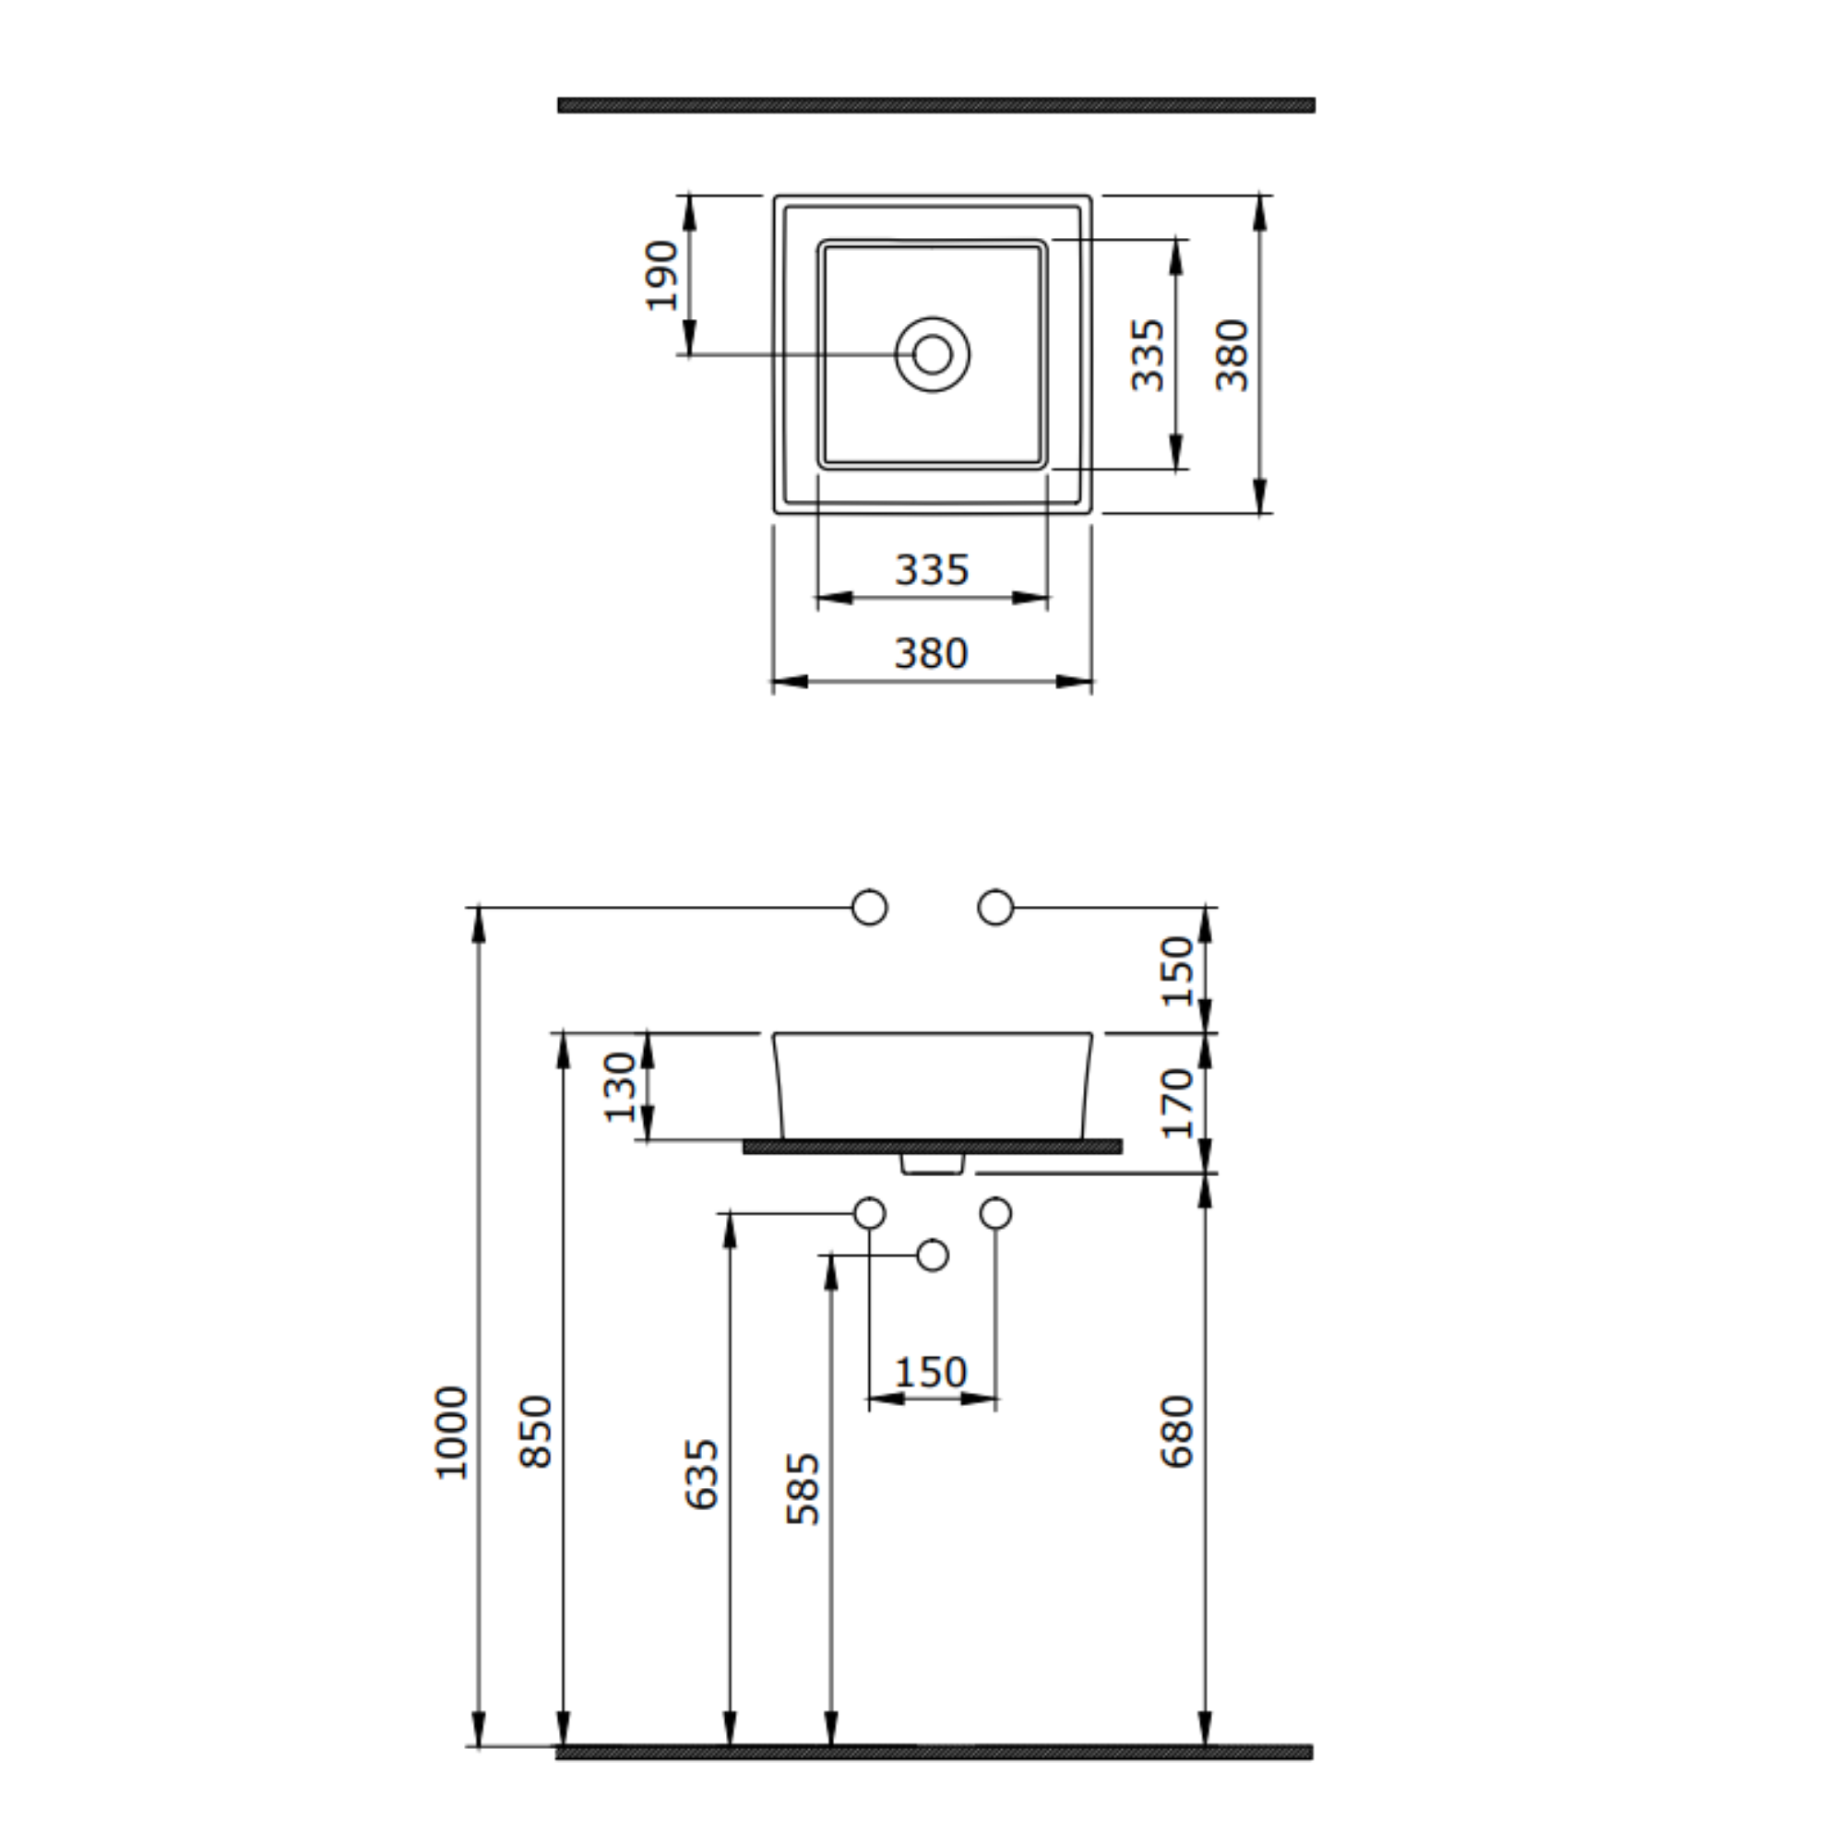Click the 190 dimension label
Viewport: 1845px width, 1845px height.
(661, 275)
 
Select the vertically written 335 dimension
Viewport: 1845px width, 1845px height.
(1147, 355)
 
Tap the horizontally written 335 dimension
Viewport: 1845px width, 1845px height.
(932, 570)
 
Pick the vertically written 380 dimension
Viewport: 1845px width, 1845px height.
(1232, 355)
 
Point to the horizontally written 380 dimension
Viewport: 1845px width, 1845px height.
(932, 654)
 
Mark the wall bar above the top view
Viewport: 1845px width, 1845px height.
(935, 105)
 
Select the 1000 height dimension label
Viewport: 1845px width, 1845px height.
(452, 1433)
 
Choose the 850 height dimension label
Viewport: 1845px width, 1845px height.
(536, 1433)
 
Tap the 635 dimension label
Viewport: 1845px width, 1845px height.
(702, 1474)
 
